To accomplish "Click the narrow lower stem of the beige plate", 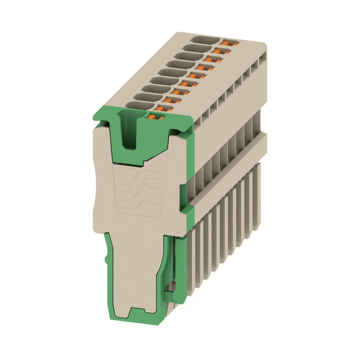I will point(135,270).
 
